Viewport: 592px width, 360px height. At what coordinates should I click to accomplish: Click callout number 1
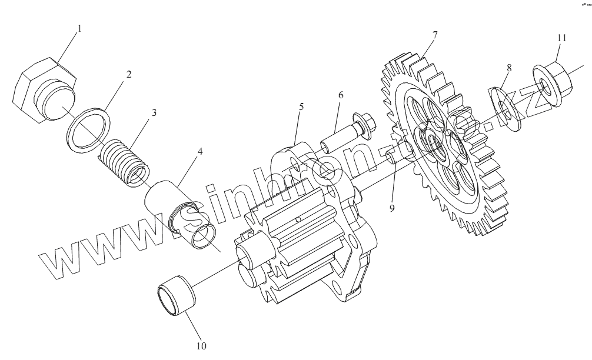pyautogui.click(x=80, y=28)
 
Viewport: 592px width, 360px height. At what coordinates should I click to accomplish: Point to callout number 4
pyautogui.click(x=200, y=151)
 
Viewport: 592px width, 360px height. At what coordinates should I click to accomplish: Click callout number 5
pyautogui.click(x=301, y=107)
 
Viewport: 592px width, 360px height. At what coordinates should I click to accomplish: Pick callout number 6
pyautogui.click(x=340, y=95)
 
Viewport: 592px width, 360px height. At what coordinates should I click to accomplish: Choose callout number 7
pyautogui.click(x=435, y=35)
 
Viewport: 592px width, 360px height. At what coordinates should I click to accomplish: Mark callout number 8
pyautogui.click(x=509, y=68)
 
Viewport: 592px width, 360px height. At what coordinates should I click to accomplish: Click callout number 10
pyautogui.click(x=201, y=345)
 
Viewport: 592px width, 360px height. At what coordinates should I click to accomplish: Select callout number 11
pyautogui.click(x=562, y=38)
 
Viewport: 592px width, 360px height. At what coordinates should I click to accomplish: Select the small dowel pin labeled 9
pyautogui.click(x=390, y=158)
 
